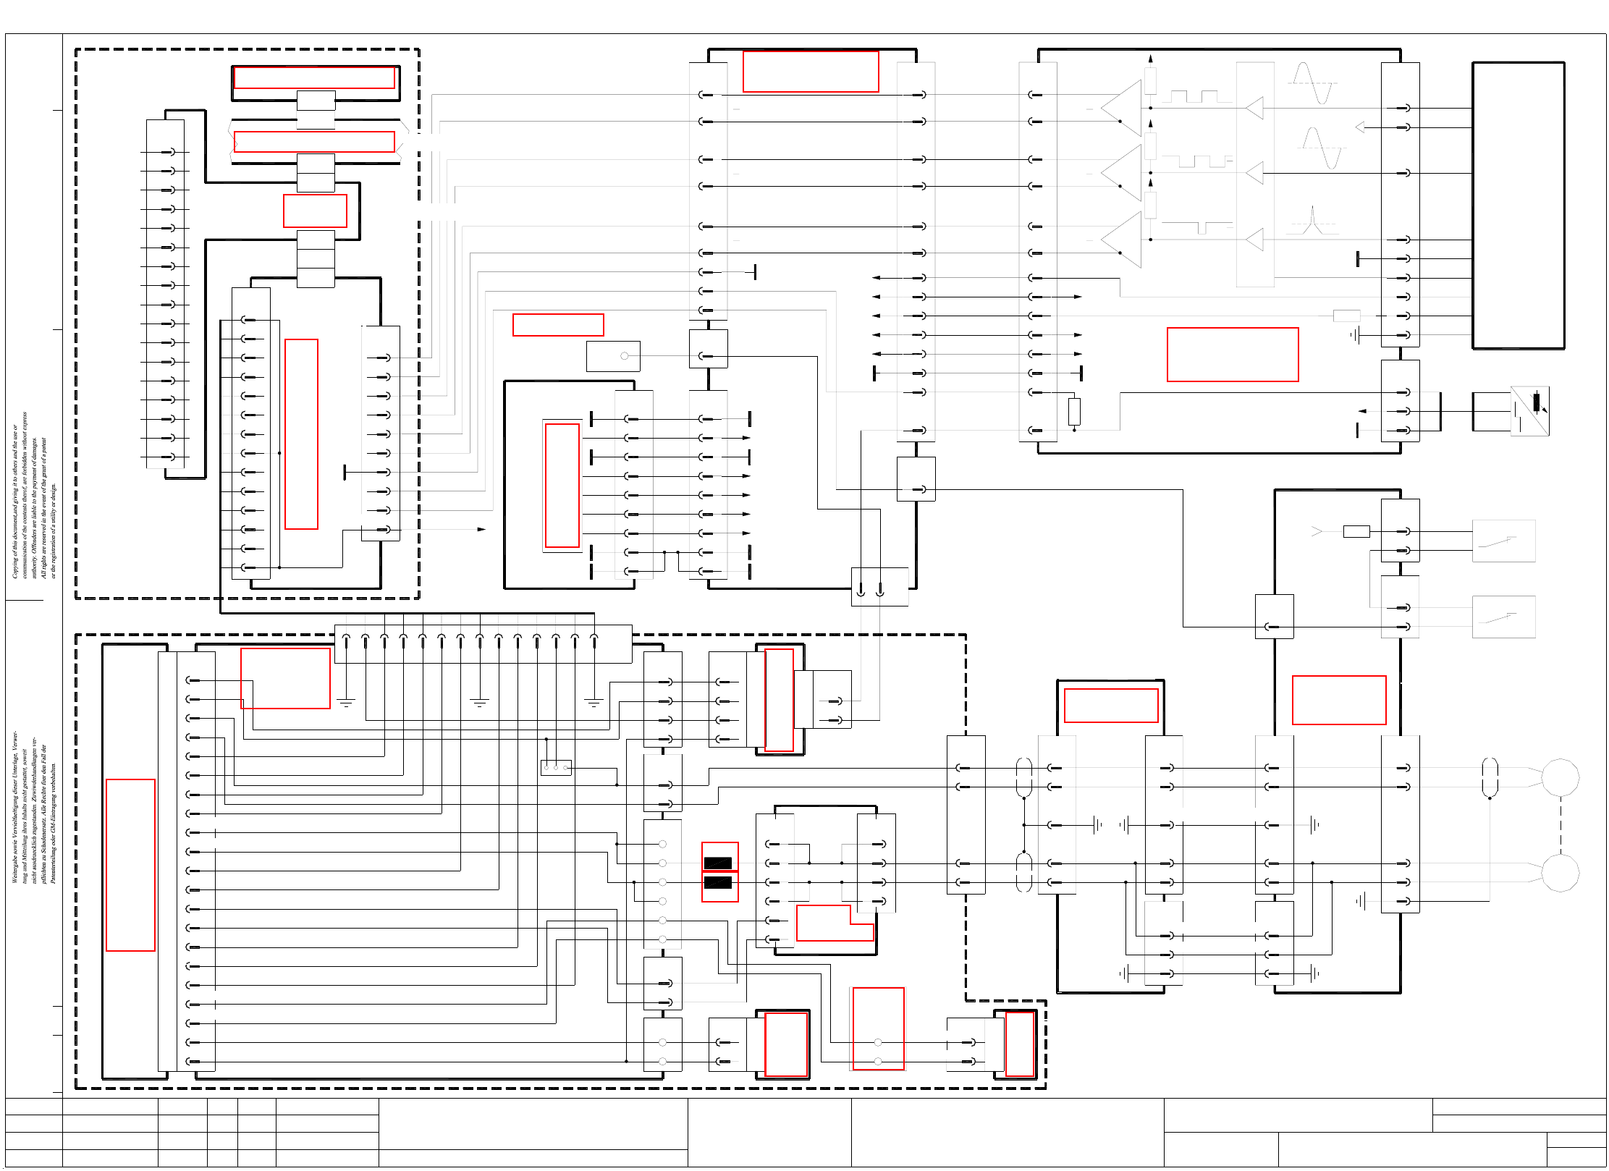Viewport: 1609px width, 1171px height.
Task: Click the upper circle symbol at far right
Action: [1560, 777]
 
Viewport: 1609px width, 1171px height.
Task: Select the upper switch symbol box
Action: [1503, 541]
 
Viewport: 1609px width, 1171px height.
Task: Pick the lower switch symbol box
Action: [1503, 617]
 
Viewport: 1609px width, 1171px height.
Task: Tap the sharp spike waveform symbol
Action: [1312, 221]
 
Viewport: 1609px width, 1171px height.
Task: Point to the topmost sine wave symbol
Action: [1312, 83]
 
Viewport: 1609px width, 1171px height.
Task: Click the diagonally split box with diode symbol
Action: [1529, 411]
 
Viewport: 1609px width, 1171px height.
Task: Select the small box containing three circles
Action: [556, 767]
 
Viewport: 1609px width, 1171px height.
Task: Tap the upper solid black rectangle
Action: [718, 863]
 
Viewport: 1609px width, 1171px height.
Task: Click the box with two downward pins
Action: [879, 587]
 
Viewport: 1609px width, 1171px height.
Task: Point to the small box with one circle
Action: [613, 356]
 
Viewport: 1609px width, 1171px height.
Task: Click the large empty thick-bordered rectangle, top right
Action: [1518, 206]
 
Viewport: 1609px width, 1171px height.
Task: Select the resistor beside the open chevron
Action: [1356, 532]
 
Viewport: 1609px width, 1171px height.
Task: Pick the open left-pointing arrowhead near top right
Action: [1360, 127]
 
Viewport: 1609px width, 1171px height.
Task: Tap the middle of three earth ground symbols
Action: [479, 702]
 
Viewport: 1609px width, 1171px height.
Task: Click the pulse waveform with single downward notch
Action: [1196, 227]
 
